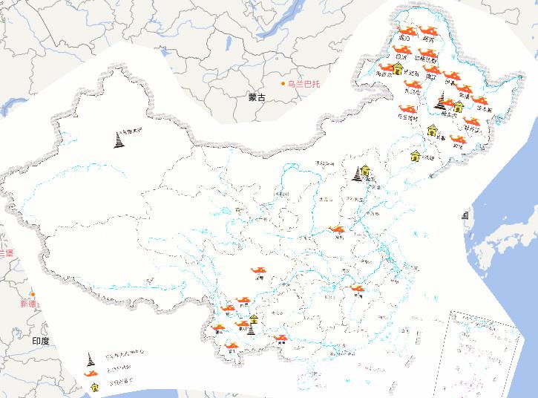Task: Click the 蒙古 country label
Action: coord(257,97)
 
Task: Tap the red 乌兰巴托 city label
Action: coord(305,83)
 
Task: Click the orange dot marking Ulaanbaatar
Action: coord(283,83)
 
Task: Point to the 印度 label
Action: coord(41,340)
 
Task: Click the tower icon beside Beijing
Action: coord(357,176)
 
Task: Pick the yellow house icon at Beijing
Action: coord(365,170)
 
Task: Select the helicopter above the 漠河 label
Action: coord(405,30)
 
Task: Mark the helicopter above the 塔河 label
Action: coord(428,30)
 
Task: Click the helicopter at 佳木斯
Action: coord(481,101)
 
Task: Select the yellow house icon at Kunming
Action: coord(254,319)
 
